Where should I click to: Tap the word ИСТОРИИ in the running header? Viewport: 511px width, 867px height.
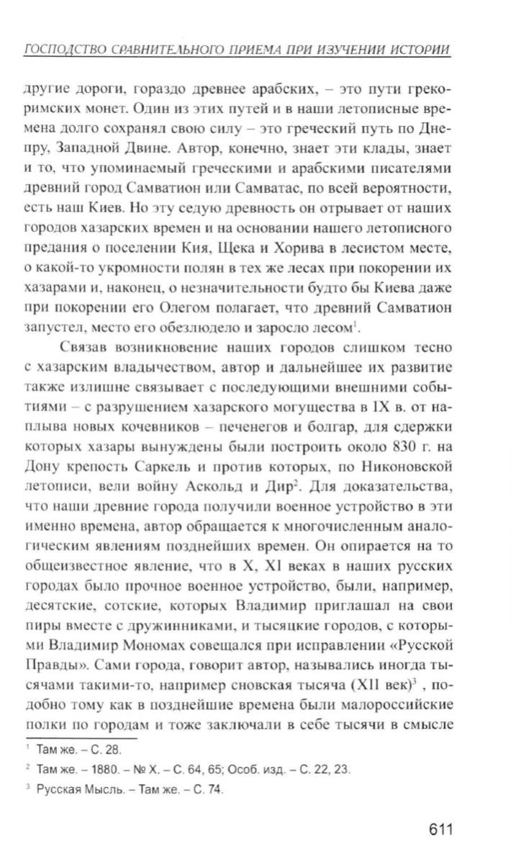(421, 50)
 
